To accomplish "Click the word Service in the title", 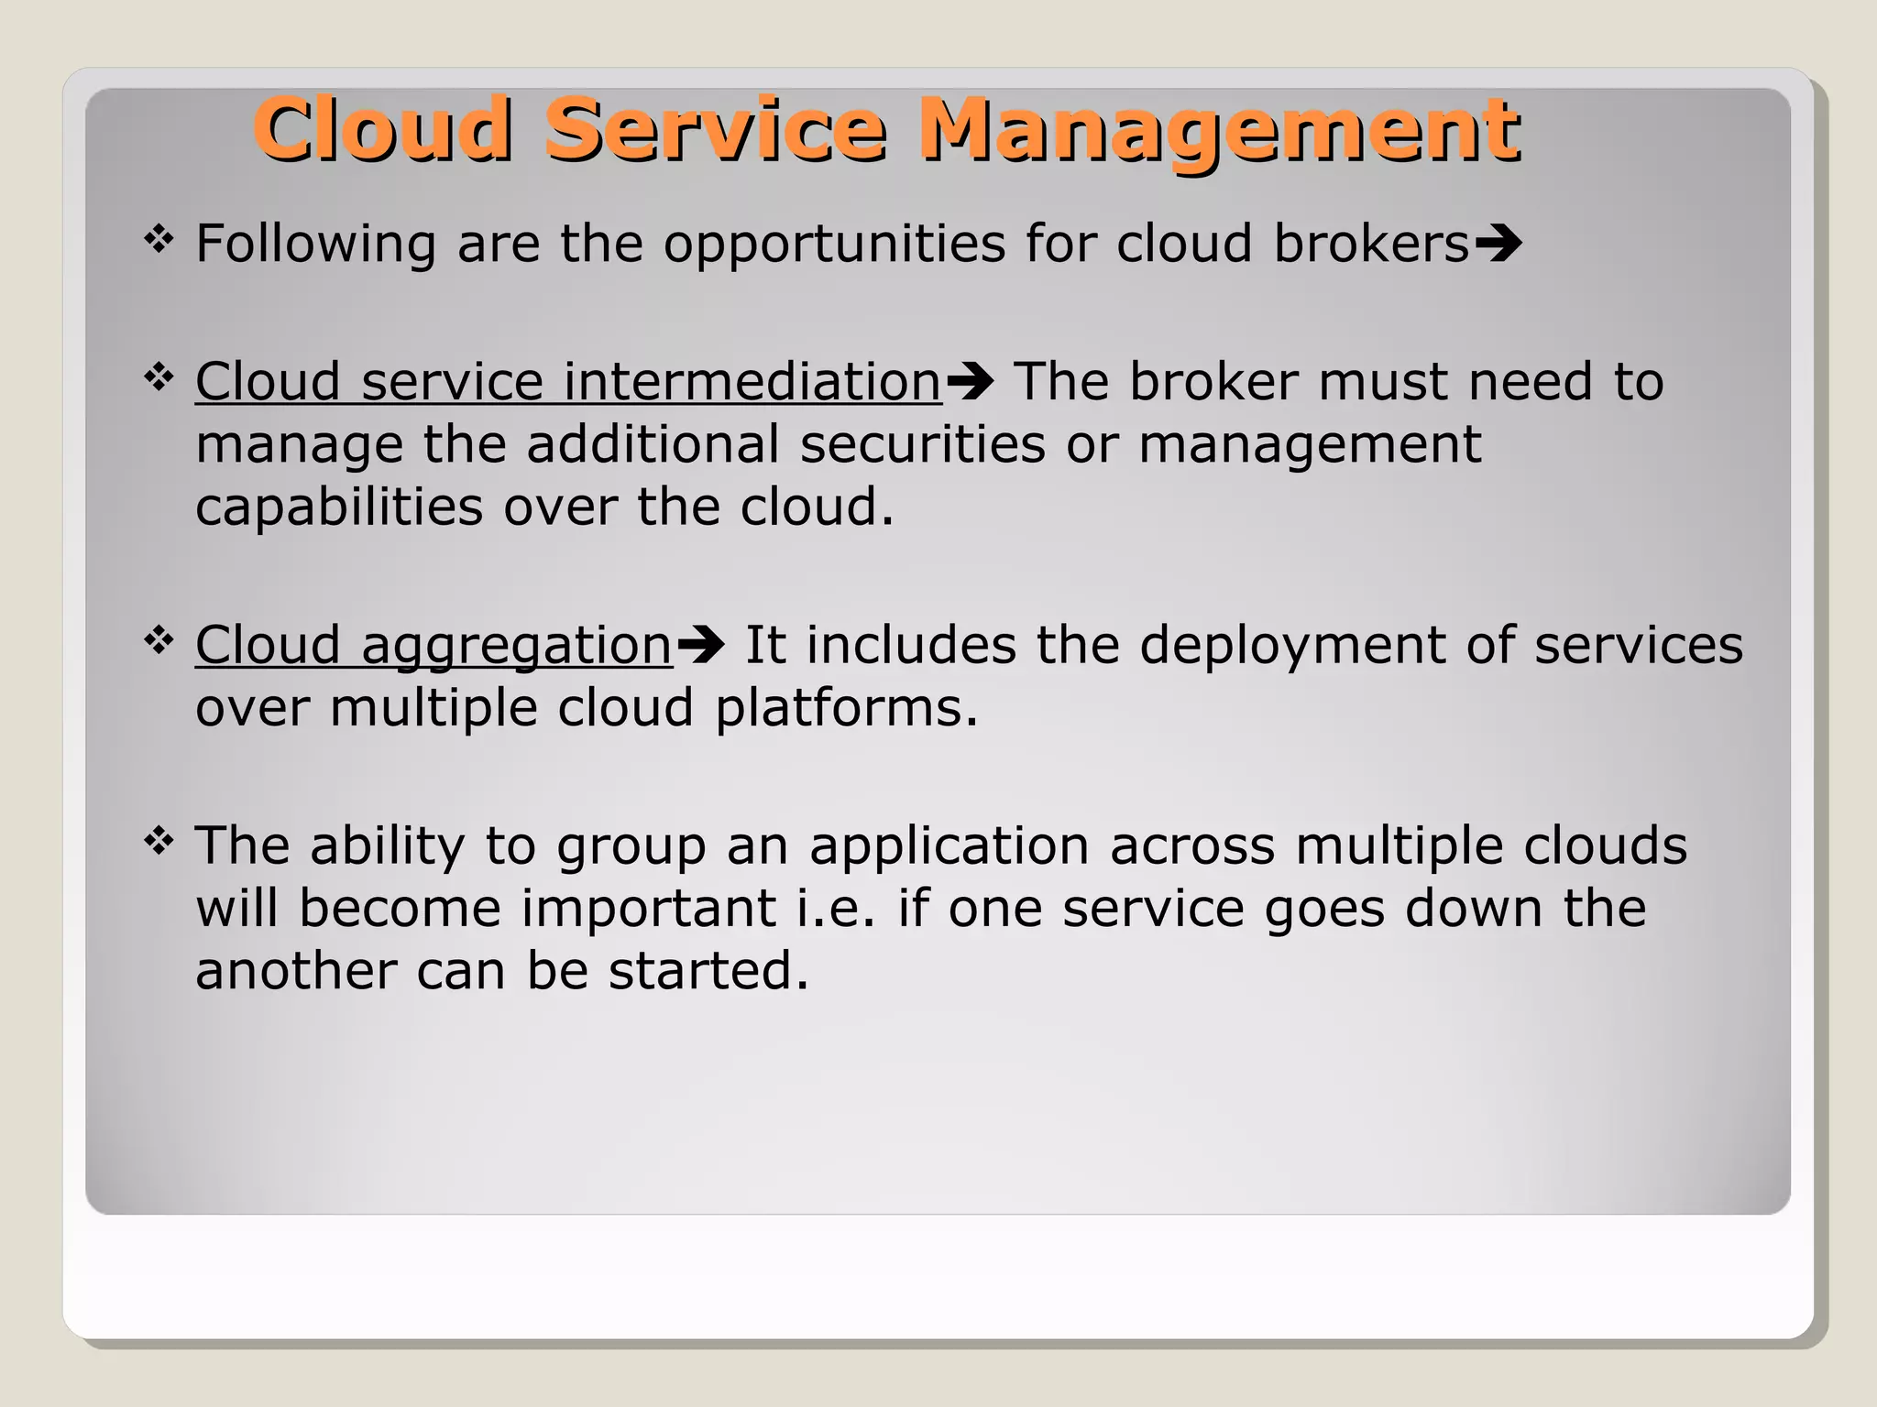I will pos(715,129).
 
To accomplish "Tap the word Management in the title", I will pos(1219,129).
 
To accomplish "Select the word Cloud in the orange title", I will pos(382,129).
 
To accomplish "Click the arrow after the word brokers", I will pos(1498,245).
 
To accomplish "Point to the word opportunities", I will pos(834,245).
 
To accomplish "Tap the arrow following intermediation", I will pos(970,382).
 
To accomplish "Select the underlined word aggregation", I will pos(517,645).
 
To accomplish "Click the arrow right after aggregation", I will pos(701,645).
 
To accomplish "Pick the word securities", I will pos(922,444).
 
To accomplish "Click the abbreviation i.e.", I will pos(836,908).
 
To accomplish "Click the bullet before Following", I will pos(159,240).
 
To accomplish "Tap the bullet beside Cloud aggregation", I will pos(159,640).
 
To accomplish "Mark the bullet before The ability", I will pos(159,840).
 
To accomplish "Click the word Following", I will pos(315,245).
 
